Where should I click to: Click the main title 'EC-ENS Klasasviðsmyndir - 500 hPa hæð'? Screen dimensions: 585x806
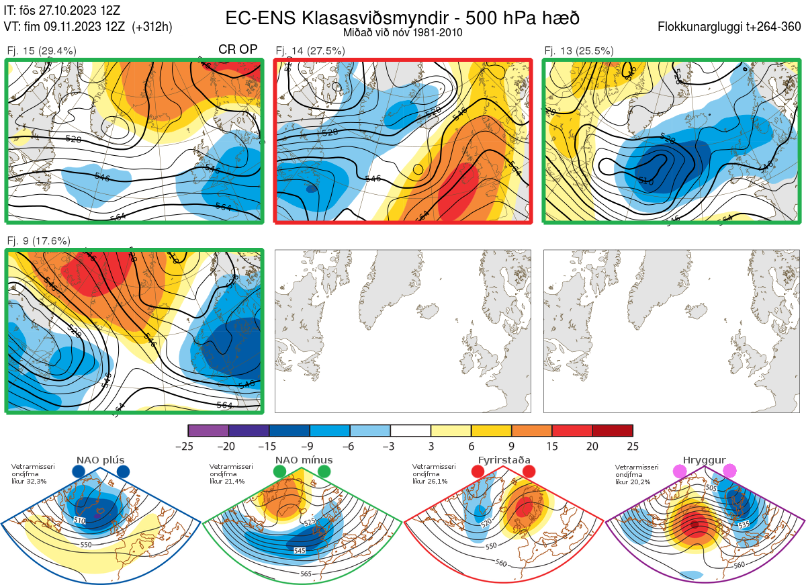point(402,18)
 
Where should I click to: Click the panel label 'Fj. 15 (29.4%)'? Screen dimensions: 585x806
point(42,51)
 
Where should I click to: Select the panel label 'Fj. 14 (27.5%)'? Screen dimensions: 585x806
point(310,51)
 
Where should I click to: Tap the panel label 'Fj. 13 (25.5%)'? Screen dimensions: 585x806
point(579,51)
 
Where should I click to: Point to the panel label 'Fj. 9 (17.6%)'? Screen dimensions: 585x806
point(39,240)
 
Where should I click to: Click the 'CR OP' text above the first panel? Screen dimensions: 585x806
point(238,50)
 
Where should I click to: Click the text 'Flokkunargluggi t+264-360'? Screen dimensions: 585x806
point(731,27)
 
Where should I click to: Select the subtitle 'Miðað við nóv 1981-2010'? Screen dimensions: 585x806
point(402,32)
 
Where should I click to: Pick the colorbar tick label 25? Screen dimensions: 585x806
point(633,446)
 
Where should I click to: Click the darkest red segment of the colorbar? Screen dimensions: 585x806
point(613,431)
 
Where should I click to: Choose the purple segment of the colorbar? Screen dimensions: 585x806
point(209,431)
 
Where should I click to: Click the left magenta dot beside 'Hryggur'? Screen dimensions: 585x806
point(680,472)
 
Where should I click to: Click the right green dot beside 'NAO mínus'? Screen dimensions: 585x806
point(325,472)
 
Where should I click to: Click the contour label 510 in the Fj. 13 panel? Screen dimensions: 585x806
point(645,181)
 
